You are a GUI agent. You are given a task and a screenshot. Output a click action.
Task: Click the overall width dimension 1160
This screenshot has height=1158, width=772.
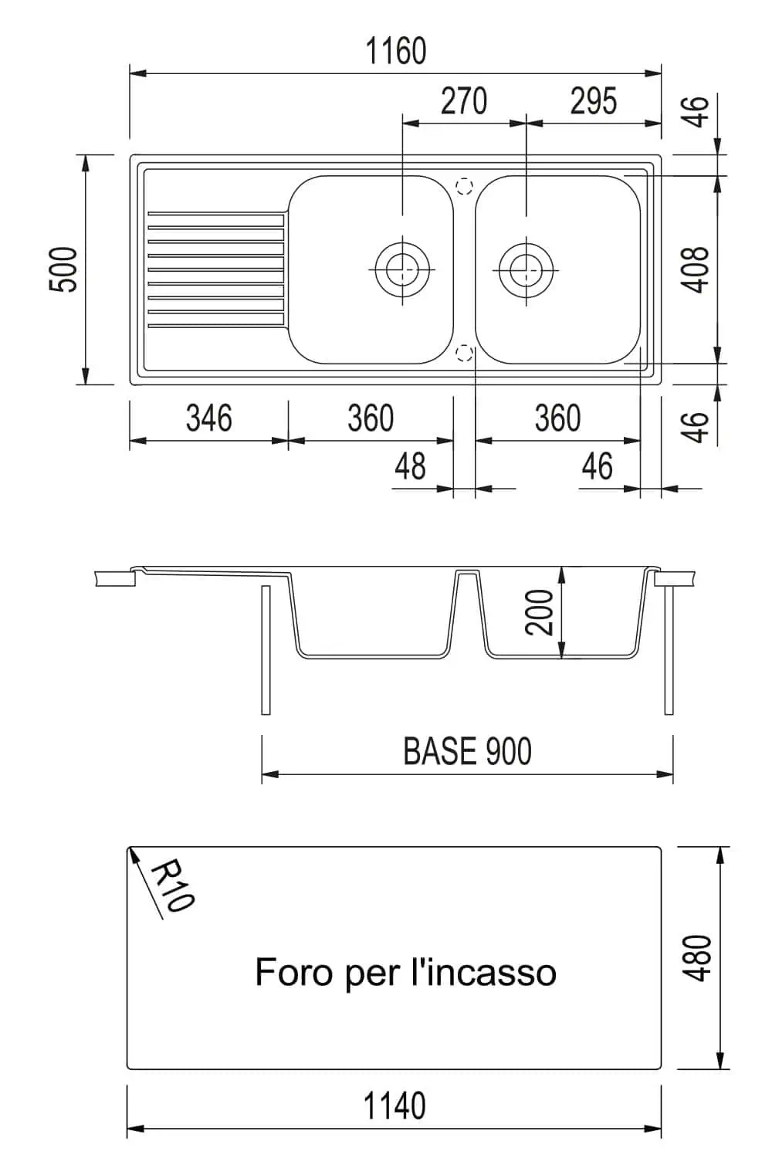[x=395, y=52]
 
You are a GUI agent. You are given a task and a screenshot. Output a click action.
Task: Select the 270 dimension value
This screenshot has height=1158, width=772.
[x=464, y=101]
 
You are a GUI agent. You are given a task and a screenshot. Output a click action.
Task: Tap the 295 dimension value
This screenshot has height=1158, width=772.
[x=594, y=101]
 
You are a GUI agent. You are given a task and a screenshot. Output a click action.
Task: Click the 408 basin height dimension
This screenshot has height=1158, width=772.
[x=697, y=269]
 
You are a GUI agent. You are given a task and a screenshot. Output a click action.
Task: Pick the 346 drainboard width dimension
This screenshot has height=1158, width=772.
[x=208, y=418]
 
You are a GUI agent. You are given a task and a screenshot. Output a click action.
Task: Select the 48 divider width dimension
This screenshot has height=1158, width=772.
[x=410, y=466]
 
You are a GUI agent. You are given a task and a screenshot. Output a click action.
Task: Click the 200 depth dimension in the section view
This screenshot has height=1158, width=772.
[x=541, y=612]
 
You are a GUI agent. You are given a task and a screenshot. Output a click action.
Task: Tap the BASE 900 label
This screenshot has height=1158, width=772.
[x=467, y=751]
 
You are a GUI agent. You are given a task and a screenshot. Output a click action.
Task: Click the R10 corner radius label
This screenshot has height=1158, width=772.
[x=172, y=886]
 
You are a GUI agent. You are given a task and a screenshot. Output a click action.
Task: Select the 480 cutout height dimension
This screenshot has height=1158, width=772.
[x=698, y=958]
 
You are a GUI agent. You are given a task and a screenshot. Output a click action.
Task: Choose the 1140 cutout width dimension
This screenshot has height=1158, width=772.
[x=394, y=1106]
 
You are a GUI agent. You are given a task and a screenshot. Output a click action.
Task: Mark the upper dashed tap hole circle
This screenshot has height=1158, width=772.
[x=464, y=187]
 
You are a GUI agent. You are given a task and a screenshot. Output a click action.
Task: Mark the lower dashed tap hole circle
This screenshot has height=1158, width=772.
[x=464, y=354]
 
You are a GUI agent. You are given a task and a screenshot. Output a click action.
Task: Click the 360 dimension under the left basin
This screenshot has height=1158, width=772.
[x=371, y=418]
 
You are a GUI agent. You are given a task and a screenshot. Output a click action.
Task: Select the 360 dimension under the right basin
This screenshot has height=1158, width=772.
[x=557, y=418]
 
